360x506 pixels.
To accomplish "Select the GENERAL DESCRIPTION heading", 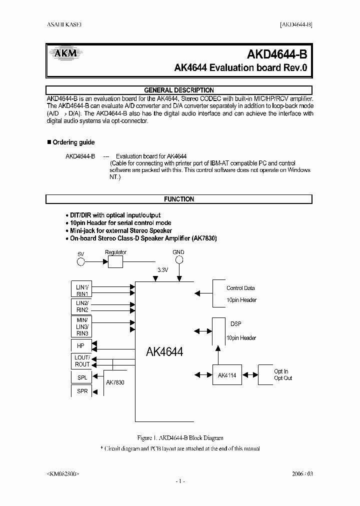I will [x=179, y=90].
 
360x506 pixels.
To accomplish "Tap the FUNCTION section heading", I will [x=179, y=199].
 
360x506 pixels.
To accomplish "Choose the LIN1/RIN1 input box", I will [x=82, y=290].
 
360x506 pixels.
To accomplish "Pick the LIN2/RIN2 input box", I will [x=82, y=306].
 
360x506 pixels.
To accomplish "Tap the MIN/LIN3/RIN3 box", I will [x=82, y=326].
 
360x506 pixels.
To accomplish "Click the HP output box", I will [x=80, y=345].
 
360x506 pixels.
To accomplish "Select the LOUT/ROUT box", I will [x=82, y=361].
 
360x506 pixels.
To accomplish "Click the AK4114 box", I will [x=226, y=375].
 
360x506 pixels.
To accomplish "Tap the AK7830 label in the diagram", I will [x=115, y=382].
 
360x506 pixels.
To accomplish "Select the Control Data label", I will [x=240, y=288].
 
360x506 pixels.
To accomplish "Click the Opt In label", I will [x=281, y=371].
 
